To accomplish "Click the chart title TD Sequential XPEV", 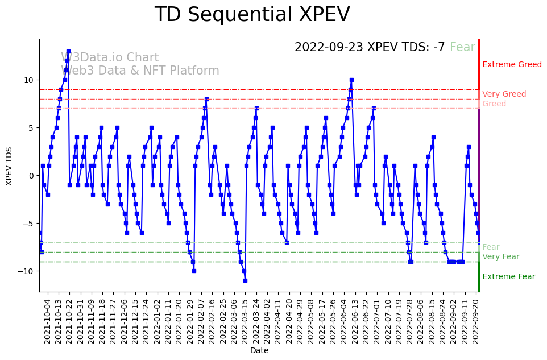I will pos(252,15).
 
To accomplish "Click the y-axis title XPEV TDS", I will pos(9,165).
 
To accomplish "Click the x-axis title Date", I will pos(259,351).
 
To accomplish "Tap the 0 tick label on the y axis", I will pos(32,175).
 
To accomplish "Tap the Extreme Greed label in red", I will pos(512,65).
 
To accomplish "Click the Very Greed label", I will pos(504,94).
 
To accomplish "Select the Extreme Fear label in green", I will pos(508,277).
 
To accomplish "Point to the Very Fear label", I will pos(500,257).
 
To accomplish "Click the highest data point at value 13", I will pos(68,51).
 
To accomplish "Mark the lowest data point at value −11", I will pos(245,280).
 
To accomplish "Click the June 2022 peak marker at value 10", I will pos(351,80).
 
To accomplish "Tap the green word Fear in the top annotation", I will pos(462,48).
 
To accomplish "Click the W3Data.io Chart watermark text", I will pos(110,58).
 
